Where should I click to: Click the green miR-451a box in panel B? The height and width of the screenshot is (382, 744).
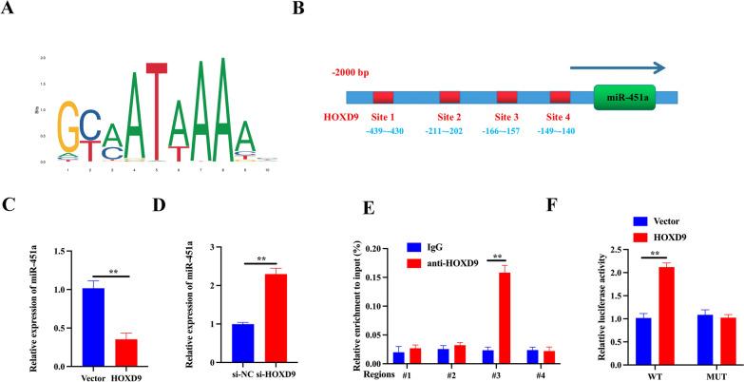click(x=624, y=98)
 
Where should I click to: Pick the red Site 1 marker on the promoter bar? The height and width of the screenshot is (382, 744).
click(x=383, y=98)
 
